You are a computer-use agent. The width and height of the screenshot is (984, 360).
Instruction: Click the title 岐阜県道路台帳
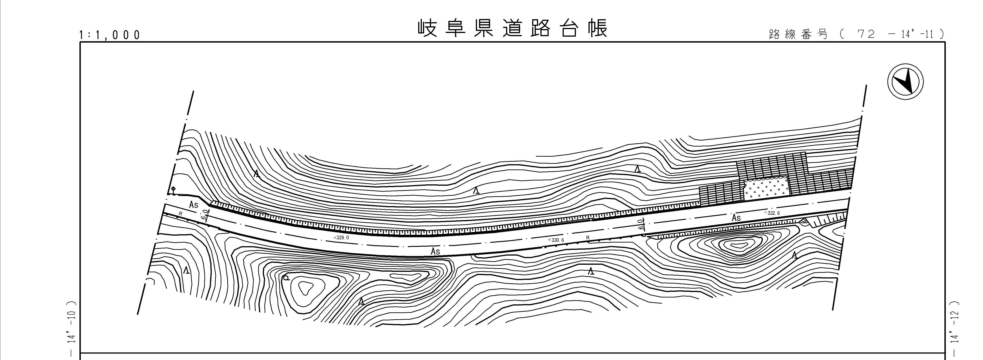point(512,28)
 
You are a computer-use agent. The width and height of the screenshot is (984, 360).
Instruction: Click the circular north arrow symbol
point(905,82)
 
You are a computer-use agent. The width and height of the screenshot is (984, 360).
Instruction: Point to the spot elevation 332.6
point(772,213)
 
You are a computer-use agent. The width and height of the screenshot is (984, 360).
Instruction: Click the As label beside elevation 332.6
point(736,218)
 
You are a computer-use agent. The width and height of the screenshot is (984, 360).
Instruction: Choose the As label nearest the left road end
point(194,205)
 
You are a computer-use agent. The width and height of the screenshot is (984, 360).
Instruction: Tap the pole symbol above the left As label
point(173,190)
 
